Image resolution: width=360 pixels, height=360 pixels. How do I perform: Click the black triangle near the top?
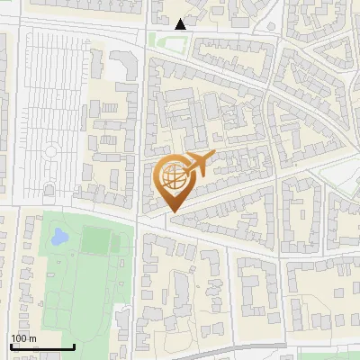pyautogui.click(x=181, y=24)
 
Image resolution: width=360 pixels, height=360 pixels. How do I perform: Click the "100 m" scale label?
pyautogui.click(x=23, y=338)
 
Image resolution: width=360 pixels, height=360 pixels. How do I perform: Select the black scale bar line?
pyautogui.click(x=41, y=346)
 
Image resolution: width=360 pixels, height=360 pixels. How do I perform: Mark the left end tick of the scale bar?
pyautogui.click(x=10, y=346)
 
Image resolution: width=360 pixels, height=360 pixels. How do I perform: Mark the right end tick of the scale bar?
pyautogui.click(x=74, y=346)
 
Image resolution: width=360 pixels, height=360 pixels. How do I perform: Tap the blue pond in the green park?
pyautogui.click(x=59, y=238)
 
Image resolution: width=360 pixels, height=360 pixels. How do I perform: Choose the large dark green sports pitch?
pyautogui.click(x=94, y=240)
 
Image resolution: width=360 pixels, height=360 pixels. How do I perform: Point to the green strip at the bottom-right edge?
pyautogui.click(x=328, y=355)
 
